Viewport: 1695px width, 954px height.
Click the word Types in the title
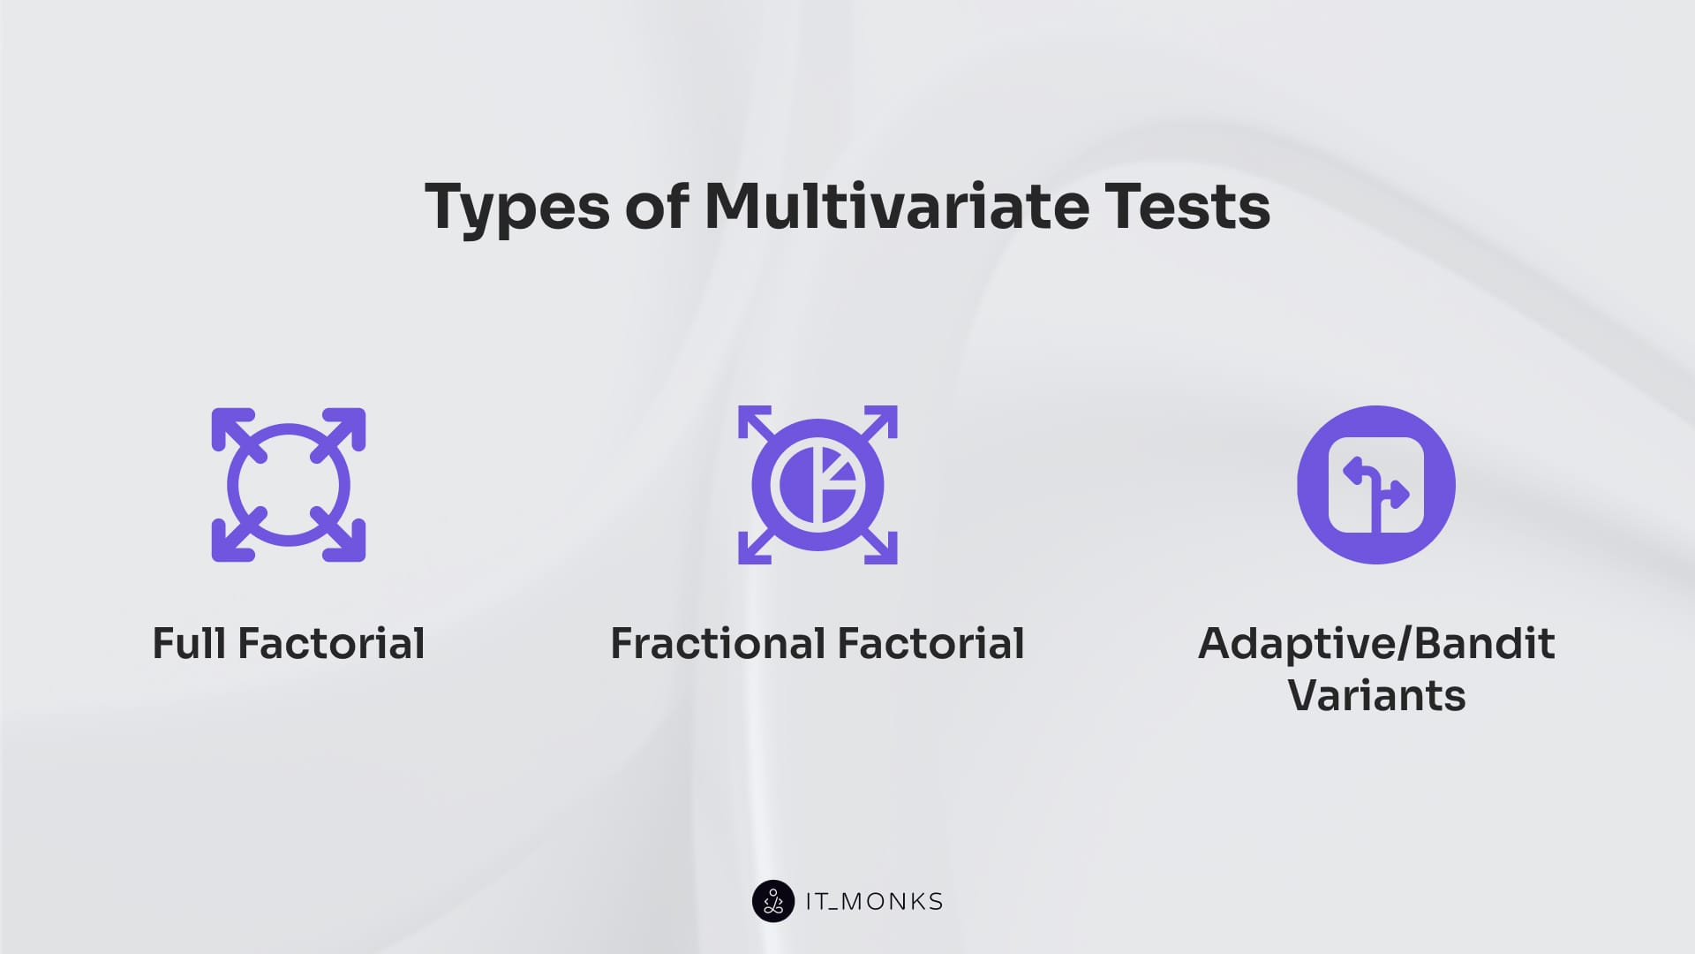517,208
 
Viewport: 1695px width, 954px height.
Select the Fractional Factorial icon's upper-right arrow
878,424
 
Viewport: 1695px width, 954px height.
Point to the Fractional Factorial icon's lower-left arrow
757,545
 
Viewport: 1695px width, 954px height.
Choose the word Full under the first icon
189,643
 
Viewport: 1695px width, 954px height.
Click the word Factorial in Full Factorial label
331,643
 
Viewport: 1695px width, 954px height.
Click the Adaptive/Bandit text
1376,643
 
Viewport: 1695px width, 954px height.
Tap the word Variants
1376,695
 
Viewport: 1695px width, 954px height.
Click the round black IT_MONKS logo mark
773,901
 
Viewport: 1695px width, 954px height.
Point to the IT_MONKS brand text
874,902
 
